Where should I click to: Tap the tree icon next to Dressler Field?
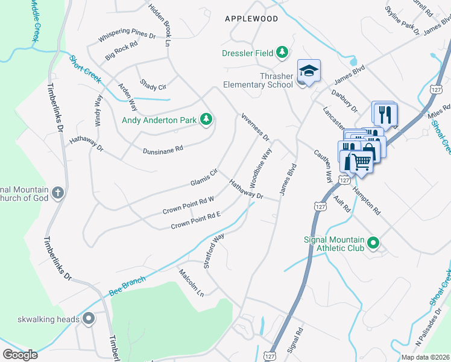(x=282, y=53)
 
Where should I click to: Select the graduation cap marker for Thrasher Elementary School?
(x=308, y=71)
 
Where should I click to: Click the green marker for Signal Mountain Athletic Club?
(x=373, y=243)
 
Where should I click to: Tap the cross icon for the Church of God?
(x=57, y=192)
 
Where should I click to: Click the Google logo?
(x=20, y=354)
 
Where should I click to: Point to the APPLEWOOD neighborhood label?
(x=251, y=19)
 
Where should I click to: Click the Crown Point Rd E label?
(x=196, y=221)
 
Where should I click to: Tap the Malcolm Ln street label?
(x=192, y=282)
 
